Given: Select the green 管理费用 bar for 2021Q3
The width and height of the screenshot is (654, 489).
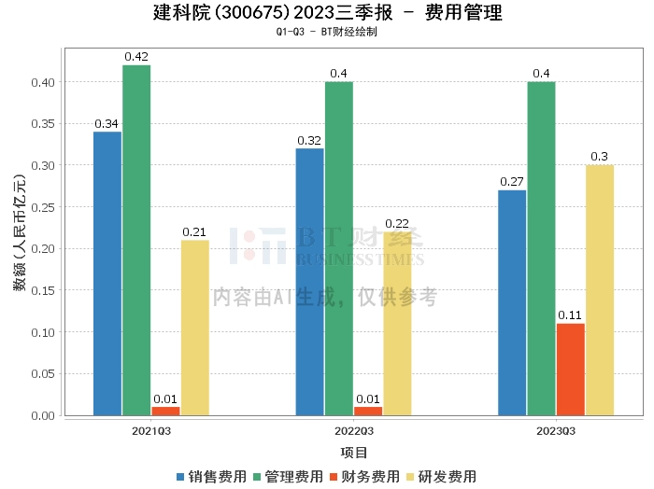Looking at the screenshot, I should (x=136, y=240).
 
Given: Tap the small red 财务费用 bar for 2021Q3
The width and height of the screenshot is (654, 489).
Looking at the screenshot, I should (x=165, y=411).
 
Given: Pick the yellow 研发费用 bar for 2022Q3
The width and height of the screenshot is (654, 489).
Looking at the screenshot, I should (x=397, y=323).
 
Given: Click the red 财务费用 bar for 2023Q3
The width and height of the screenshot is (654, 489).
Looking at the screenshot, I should (x=570, y=369).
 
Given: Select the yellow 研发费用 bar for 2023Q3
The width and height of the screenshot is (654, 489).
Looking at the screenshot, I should (x=599, y=290).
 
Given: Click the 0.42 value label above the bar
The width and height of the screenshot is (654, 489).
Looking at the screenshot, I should (x=136, y=57).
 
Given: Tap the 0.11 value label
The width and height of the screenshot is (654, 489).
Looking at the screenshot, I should (x=570, y=315).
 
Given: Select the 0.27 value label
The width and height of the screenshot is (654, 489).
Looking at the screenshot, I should (x=512, y=182).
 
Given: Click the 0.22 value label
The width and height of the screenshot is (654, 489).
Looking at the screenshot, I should (x=397, y=224).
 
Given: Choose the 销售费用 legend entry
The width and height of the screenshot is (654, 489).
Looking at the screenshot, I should (x=211, y=477).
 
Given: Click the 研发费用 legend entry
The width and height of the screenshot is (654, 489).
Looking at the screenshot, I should (x=441, y=477).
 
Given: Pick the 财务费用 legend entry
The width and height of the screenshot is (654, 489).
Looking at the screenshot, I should (x=364, y=477).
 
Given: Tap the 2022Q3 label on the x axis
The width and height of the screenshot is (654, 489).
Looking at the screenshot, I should (x=353, y=431).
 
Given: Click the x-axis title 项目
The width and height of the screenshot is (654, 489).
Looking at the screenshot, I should (x=353, y=453).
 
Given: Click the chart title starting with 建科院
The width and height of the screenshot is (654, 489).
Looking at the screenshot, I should (x=327, y=13).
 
